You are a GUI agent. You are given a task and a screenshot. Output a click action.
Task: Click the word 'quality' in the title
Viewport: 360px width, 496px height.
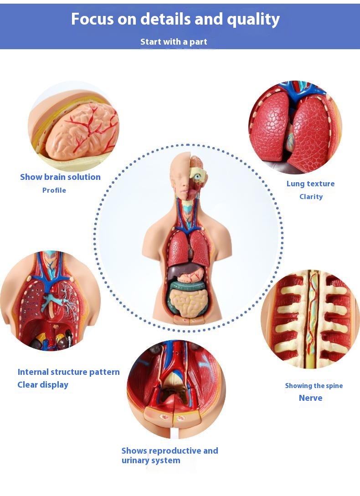[253, 20]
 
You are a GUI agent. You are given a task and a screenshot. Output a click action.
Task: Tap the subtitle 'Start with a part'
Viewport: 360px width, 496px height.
[174, 42]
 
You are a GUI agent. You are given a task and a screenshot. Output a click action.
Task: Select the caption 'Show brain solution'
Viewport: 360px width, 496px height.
[60, 177]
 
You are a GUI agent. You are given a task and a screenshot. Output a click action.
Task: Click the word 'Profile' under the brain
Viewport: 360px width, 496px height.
[54, 190]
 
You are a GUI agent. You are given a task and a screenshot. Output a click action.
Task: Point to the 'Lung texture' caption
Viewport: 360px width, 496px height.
[311, 184]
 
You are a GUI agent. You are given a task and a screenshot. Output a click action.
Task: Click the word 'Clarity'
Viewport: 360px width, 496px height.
[311, 197]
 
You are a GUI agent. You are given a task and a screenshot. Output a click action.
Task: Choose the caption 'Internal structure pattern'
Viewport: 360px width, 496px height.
[69, 372]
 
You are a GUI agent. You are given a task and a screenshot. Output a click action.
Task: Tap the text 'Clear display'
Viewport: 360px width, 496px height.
[43, 385]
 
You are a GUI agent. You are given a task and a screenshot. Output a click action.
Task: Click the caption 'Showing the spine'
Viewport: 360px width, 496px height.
[314, 386]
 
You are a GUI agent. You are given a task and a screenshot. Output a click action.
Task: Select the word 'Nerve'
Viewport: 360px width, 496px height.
[311, 398]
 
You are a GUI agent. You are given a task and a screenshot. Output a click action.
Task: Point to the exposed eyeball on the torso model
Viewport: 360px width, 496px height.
[198, 177]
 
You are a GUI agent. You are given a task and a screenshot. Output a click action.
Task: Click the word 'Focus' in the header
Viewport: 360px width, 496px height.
[92, 19]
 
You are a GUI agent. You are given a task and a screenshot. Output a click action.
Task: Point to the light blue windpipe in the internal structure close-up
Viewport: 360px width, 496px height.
[50, 299]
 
